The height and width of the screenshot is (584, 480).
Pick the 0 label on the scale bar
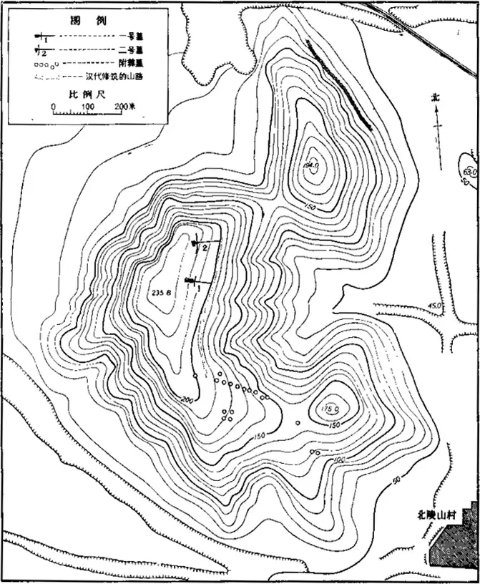click(54, 107)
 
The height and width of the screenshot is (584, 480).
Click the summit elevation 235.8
click(162, 292)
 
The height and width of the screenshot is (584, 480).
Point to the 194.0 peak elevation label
click(310, 166)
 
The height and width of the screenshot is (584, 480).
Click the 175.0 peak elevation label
click(330, 409)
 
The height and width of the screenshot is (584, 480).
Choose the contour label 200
click(189, 399)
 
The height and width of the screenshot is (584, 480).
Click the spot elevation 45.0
click(432, 306)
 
